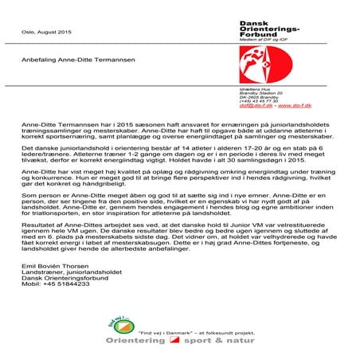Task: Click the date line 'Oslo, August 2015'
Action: (41, 31)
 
